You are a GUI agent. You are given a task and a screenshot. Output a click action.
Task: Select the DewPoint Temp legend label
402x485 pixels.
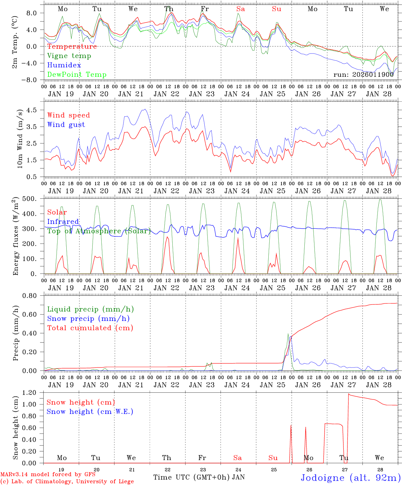(77, 75)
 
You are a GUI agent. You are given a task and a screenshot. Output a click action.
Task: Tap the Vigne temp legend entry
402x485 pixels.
(69, 56)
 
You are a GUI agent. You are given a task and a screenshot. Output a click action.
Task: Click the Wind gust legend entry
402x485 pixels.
(66, 125)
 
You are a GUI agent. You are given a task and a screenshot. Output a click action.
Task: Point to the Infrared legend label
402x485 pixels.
(63, 222)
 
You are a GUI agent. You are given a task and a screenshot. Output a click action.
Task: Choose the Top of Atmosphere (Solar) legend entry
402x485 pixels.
(99, 231)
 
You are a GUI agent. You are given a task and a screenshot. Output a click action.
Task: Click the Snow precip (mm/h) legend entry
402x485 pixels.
(88, 319)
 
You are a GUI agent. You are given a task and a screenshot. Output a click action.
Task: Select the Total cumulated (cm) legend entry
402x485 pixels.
(90, 328)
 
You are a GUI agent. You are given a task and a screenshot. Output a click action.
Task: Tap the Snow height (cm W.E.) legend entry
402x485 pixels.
(90, 412)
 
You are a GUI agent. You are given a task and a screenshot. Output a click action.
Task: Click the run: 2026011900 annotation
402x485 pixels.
(363, 75)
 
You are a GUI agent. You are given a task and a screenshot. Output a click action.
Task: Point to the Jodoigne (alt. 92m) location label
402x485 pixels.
(350, 478)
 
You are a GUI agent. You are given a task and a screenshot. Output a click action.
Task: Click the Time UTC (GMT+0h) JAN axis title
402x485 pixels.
(199, 477)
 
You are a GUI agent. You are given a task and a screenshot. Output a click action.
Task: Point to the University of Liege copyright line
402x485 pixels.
(67, 482)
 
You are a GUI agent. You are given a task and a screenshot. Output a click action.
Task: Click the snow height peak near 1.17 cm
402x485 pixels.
(349, 394)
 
